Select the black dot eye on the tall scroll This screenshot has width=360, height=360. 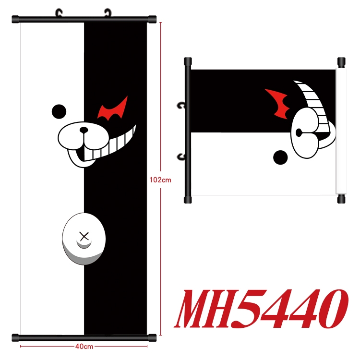pyautogui.click(x=58, y=111)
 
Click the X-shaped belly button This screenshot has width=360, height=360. pyautogui.click(x=84, y=236)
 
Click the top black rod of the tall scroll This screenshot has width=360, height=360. pyautogui.click(x=84, y=20)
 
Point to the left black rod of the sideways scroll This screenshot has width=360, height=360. pyautogui.click(x=188, y=130)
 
